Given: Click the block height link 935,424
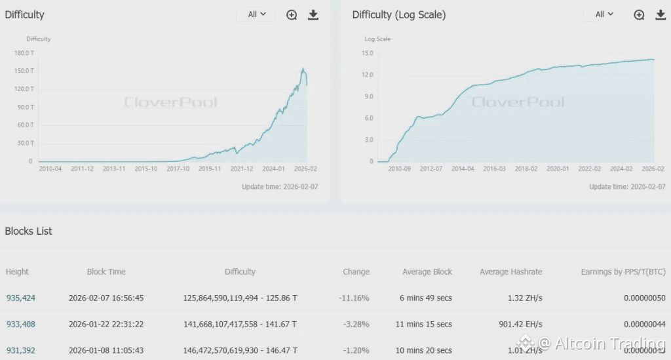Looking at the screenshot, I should coord(21,298).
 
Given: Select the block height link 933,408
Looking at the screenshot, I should coord(21,324).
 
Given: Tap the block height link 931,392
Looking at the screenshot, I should coord(21,350).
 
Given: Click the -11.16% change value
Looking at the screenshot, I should coord(354,298).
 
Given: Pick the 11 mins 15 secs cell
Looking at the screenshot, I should coord(426,324).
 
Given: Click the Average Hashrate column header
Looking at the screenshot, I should coord(510,271).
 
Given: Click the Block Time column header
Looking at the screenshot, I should coord(106,271).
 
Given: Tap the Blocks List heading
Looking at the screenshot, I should coord(29,231).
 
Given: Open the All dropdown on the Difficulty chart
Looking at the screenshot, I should coord(256,14).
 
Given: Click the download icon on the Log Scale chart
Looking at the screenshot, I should coord(660,14).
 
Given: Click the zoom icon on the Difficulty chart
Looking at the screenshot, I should coord(292,14).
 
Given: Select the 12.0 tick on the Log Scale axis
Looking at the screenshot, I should coord(367,75).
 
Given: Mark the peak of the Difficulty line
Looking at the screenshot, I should coord(303,68).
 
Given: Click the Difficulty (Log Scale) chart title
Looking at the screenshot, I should coord(399,14).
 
